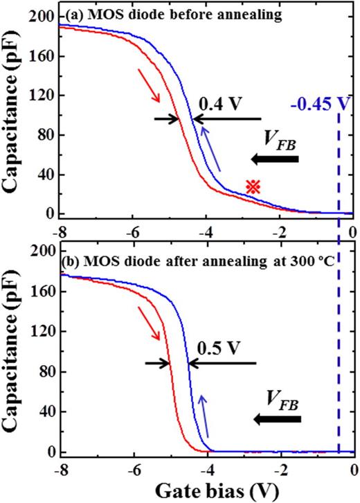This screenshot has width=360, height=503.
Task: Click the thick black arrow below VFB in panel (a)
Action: [276, 160]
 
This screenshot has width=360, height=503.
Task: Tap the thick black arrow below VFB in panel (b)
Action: [276, 419]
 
